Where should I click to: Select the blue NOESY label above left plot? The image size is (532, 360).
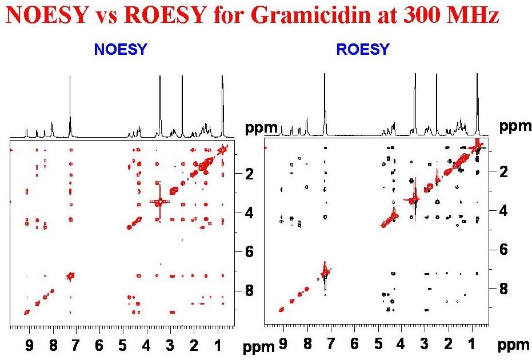121,50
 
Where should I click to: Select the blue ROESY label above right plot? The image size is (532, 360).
363,50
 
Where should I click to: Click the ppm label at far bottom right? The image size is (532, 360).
508,345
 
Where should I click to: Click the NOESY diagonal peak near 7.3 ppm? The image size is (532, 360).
71,276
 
